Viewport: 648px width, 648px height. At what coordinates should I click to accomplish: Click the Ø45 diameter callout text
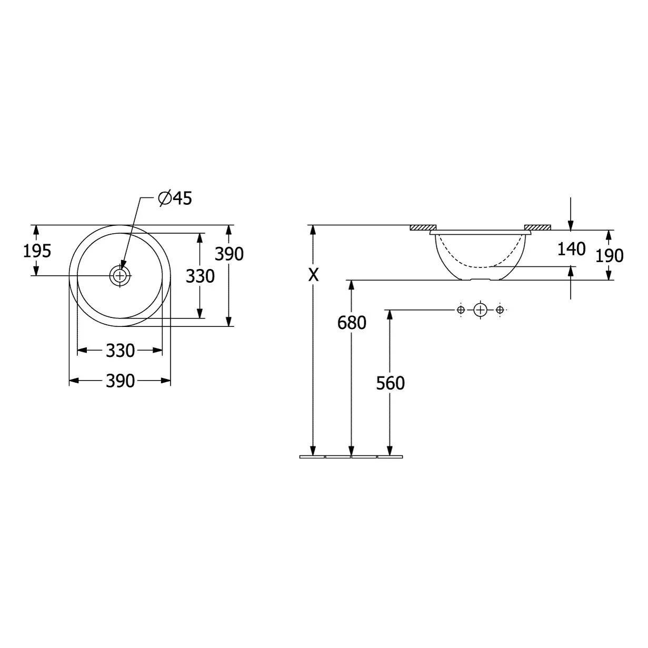pyautogui.click(x=175, y=198)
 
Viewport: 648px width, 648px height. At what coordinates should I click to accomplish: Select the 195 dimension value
pyautogui.click(x=37, y=251)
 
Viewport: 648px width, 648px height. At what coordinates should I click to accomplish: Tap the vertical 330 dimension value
pyautogui.click(x=200, y=276)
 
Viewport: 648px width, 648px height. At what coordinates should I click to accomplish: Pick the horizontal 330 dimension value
pyautogui.click(x=121, y=351)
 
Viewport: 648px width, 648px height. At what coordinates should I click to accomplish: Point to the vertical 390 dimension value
pyautogui.click(x=229, y=254)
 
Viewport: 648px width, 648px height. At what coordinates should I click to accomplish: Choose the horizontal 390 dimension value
pyautogui.click(x=121, y=381)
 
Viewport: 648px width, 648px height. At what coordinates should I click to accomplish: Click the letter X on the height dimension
pyautogui.click(x=313, y=275)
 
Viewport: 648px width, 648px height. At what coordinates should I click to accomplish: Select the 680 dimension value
pyautogui.click(x=352, y=323)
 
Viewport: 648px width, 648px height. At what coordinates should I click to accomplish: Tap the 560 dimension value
pyautogui.click(x=390, y=383)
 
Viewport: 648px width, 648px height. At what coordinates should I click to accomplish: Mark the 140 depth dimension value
pyautogui.click(x=571, y=249)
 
